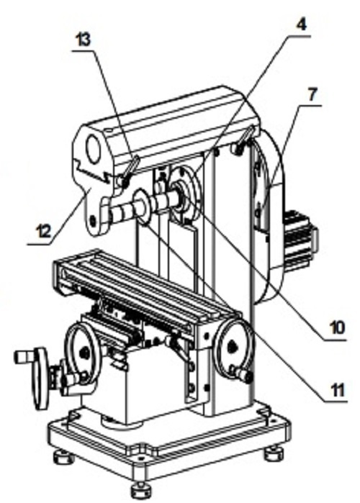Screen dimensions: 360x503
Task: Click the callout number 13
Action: tap(83, 40)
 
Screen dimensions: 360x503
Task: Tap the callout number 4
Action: tap(300, 24)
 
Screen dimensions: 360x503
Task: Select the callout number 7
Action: tap(312, 94)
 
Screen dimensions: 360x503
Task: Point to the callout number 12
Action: tap(42, 231)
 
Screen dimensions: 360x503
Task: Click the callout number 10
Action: tap(336, 327)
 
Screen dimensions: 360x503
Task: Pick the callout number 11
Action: tap(336, 389)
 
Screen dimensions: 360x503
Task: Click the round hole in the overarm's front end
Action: tap(93, 149)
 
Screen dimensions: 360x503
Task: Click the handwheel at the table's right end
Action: tap(233, 347)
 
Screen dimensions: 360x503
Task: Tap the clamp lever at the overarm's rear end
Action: tap(245, 140)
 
